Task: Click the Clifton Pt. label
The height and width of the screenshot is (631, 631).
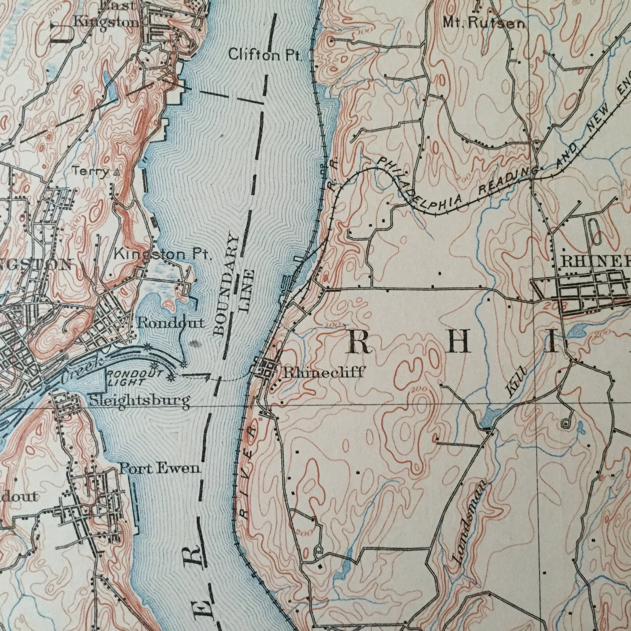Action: pyautogui.click(x=264, y=55)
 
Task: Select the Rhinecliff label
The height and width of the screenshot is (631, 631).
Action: pyautogui.click(x=323, y=373)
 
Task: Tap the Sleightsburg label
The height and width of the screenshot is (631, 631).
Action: pyautogui.click(x=139, y=401)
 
